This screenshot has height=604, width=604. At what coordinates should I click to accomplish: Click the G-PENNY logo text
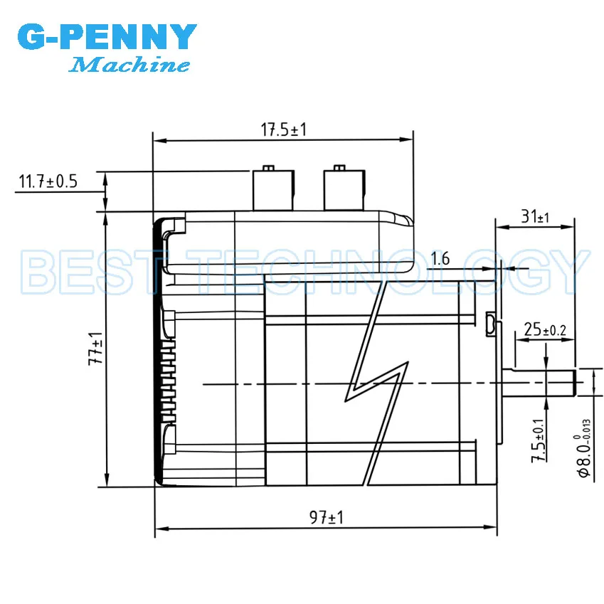(107, 36)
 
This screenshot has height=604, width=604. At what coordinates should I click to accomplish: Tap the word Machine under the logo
(129, 64)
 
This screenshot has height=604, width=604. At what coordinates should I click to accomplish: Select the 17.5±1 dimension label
(284, 129)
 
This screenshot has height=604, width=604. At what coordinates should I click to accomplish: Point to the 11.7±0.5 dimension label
(48, 181)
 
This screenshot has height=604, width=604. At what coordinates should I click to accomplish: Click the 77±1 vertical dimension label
(95, 348)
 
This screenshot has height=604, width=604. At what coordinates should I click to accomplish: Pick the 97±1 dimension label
(327, 517)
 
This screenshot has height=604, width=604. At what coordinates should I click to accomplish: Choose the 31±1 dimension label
(535, 217)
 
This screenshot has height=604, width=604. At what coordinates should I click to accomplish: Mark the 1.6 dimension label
(440, 258)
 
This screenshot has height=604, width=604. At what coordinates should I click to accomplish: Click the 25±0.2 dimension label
(545, 329)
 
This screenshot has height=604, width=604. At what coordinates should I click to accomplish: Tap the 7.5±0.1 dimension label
(538, 440)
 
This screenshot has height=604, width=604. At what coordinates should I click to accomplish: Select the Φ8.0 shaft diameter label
(584, 448)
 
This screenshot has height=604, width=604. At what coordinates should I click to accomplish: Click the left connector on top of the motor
(273, 188)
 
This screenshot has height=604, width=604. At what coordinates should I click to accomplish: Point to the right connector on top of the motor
(344, 188)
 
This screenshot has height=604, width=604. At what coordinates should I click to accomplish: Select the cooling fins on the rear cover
(168, 381)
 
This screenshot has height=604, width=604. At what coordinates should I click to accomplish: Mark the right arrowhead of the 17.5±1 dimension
(406, 139)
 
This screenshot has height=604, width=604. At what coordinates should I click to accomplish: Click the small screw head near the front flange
(490, 324)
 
